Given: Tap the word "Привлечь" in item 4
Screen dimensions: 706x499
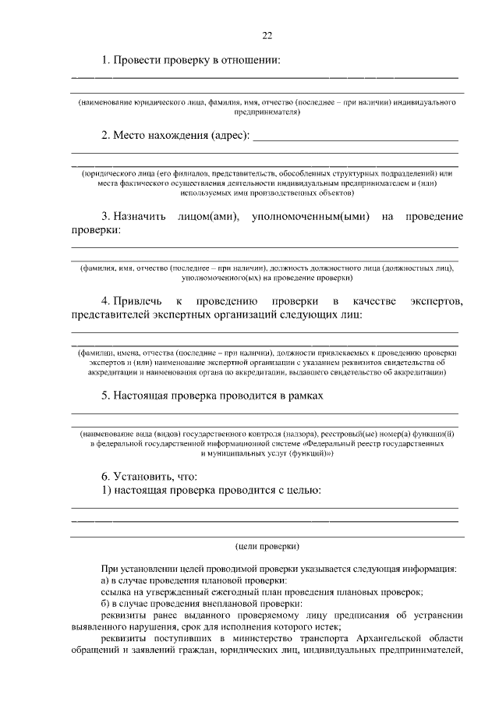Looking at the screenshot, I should [138, 301].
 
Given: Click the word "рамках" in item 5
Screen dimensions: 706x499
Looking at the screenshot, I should [304, 395].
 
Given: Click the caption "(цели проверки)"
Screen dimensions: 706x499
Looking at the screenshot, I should [267, 546].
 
